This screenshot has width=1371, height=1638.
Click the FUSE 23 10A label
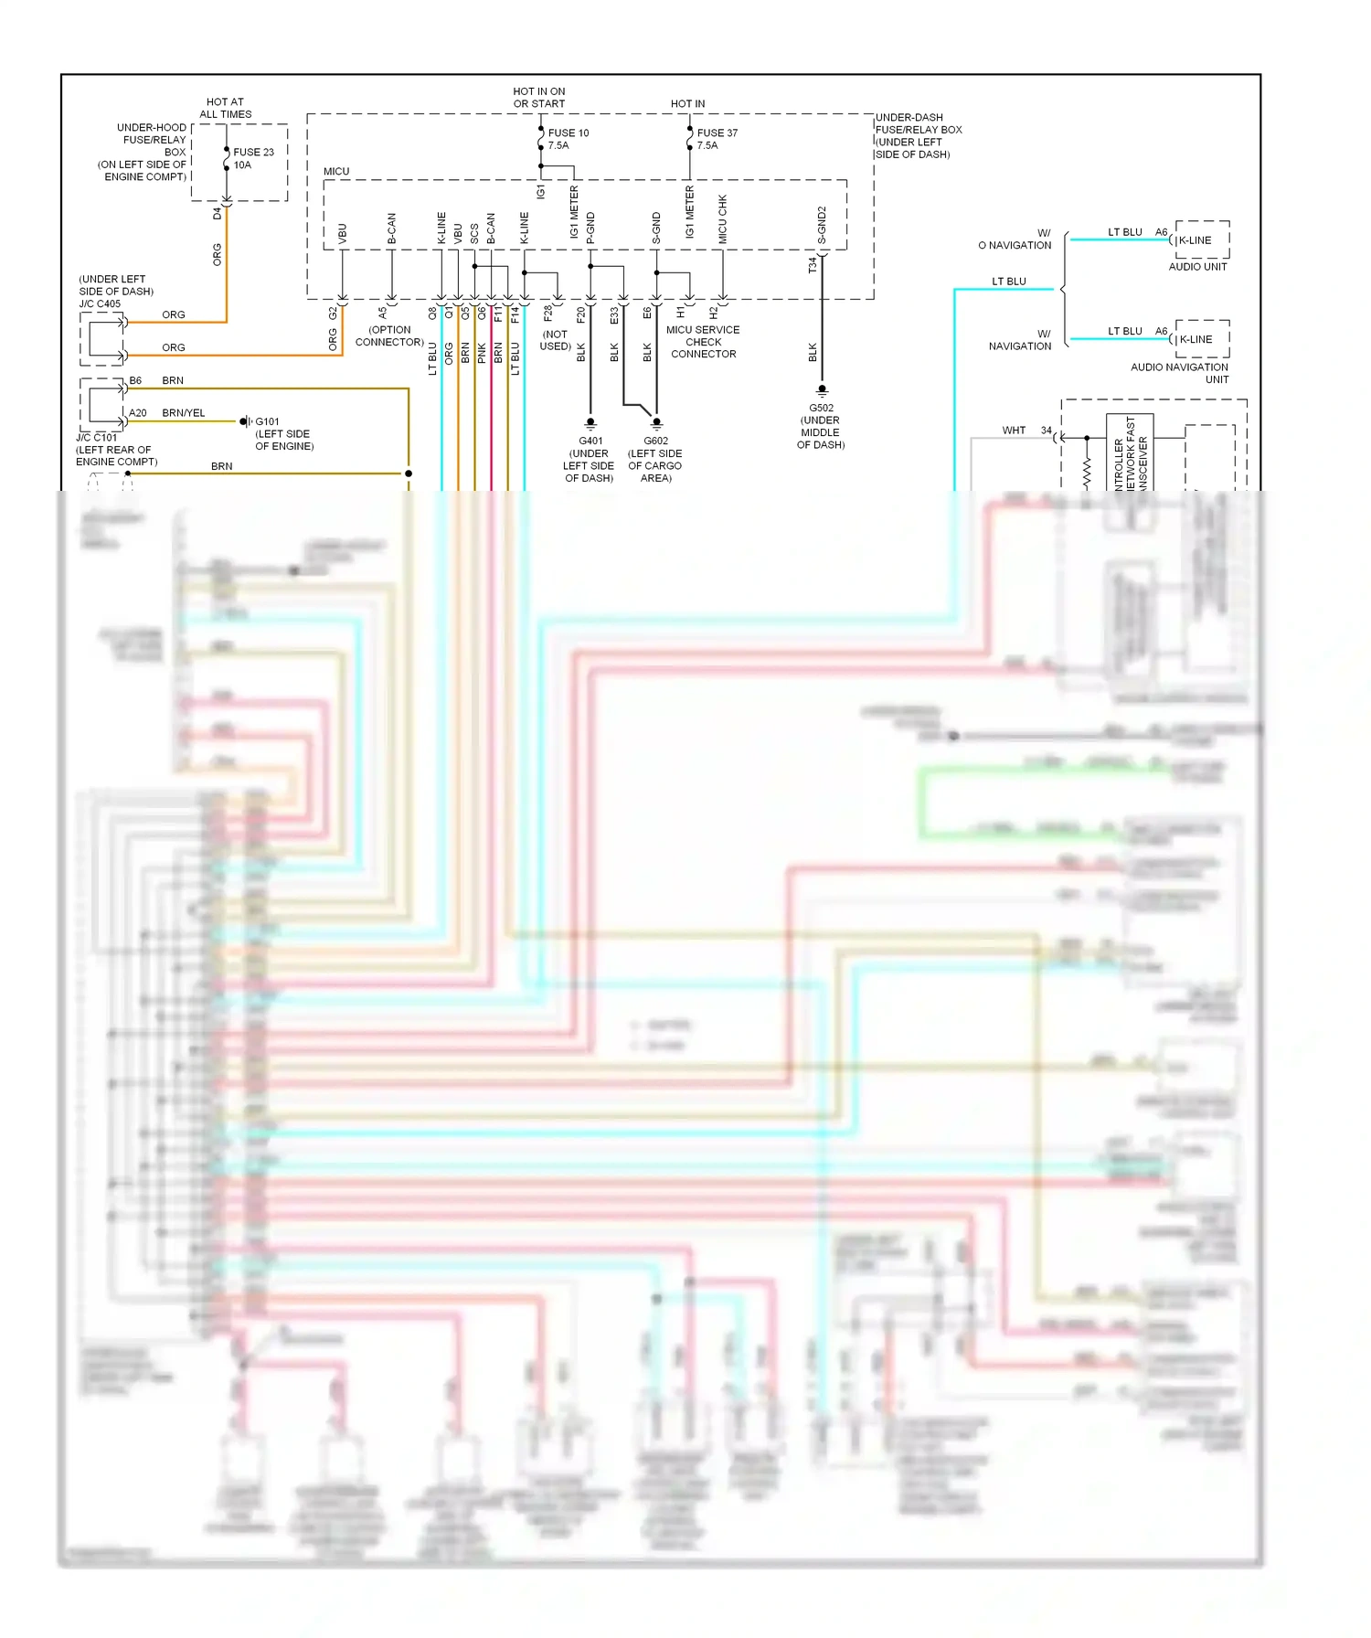tap(252, 158)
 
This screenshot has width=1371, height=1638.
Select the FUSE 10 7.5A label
tap(568, 139)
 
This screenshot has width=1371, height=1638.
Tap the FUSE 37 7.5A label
tap(717, 139)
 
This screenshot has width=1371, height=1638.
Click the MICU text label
tap(336, 171)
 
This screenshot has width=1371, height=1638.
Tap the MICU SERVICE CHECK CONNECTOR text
tap(703, 342)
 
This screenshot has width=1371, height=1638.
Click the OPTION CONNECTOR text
tap(389, 335)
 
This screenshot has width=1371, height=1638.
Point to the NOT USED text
tap(555, 340)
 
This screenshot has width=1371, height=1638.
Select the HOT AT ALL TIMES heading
tap(225, 108)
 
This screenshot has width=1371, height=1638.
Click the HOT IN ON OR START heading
tap(539, 98)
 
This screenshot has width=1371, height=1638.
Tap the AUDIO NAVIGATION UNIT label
tap(1180, 373)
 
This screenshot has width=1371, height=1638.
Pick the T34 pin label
tap(813, 265)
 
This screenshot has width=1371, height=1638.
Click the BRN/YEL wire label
tap(184, 413)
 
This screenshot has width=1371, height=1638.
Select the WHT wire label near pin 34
tap(1014, 430)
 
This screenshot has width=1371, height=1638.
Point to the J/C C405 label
tap(101, 303)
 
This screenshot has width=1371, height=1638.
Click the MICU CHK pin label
tap(722, 218)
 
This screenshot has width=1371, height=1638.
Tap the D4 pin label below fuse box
tap(217, 214)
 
